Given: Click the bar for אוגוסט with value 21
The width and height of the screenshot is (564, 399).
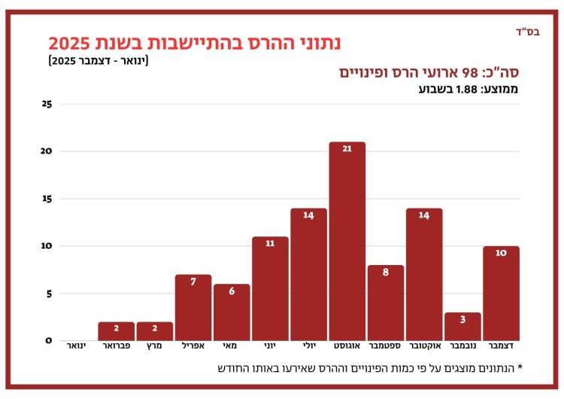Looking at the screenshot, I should [x=347, y=241].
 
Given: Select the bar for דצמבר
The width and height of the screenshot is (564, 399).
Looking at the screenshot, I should [x=501, y=294].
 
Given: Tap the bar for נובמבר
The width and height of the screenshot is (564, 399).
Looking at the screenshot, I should [x=462, y=327].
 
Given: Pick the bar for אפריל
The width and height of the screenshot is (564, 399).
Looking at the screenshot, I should [x=193, y=308].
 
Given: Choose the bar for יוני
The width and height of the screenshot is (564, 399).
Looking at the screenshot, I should [x=270, y=289].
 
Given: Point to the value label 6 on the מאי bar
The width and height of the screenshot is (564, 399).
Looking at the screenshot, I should [x=232, y=291].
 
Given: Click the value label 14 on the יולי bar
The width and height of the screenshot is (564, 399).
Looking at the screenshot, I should [x=308, y=215].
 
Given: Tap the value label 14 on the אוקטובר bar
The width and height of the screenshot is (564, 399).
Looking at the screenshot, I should [x=424, y=215].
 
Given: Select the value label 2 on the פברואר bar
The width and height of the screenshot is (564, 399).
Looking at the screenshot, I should [x=117, y=328].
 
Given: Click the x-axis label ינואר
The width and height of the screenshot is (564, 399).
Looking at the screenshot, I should [x=77, y=349].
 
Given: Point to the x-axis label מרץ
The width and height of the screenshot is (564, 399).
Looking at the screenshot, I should [x=155, y=349].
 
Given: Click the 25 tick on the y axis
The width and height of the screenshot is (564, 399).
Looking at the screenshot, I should [x=47, y=104].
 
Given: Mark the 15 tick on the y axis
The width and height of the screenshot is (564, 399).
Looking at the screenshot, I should [x=47, y=199].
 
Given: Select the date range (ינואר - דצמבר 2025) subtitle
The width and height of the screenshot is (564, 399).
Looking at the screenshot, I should [x=99, y=61].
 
